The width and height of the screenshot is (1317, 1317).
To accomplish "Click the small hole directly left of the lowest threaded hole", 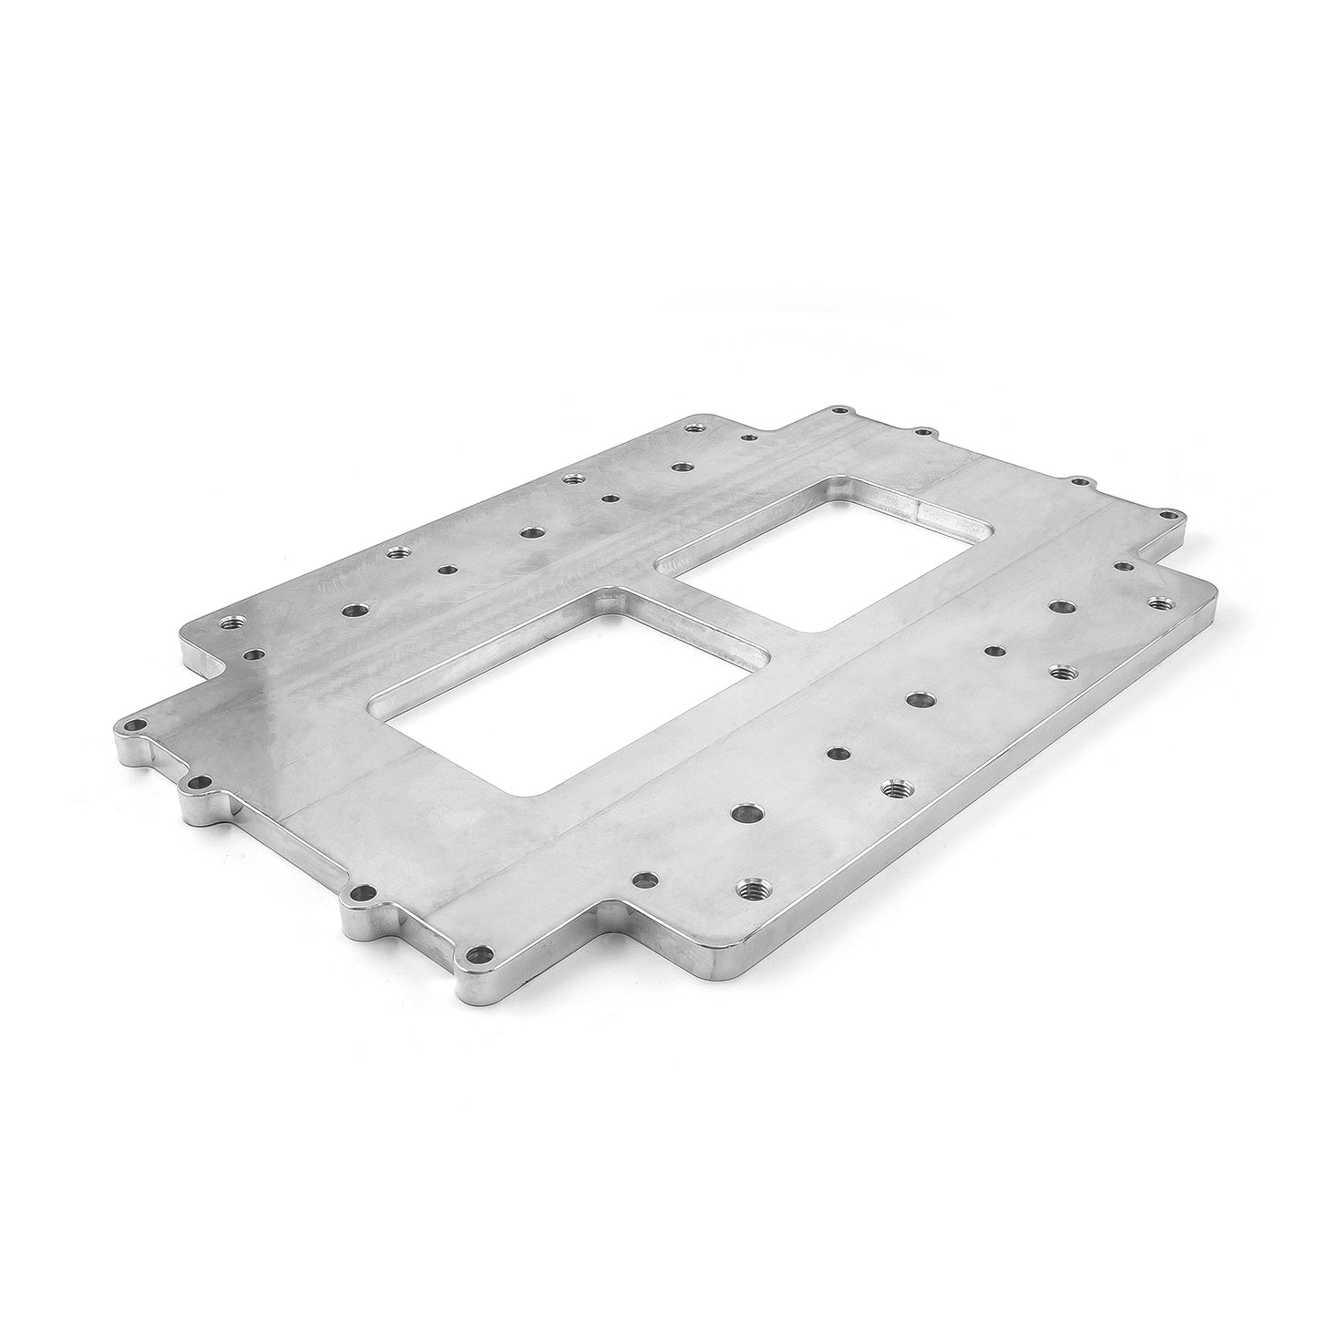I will [x=644, y=880].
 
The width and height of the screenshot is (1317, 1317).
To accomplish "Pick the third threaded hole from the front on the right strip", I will [x=1060, y=673].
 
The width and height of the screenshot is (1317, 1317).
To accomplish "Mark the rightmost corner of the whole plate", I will [x=1217, y=597].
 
